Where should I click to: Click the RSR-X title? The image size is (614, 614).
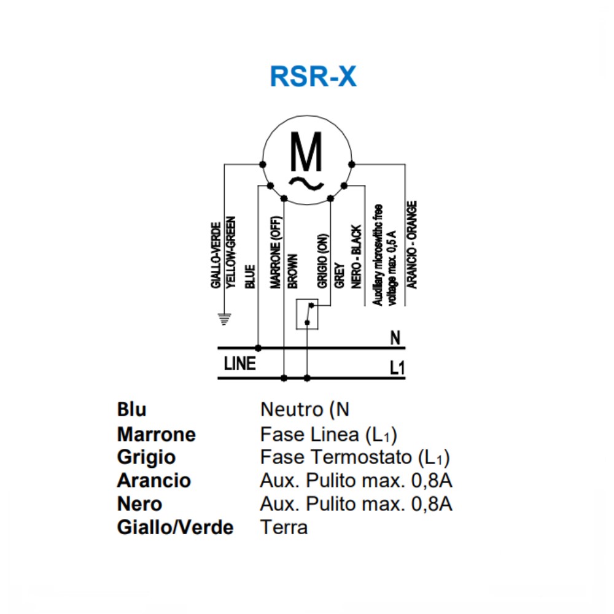(313, 77)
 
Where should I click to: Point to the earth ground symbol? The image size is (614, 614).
(225, 318)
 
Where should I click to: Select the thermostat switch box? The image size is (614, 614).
(308, 314)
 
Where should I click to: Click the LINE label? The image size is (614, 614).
(239, 364)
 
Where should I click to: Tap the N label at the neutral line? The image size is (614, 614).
(395, 338)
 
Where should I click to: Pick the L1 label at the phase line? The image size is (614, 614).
(397, 368)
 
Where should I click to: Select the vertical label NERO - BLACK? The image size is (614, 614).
(357, 257)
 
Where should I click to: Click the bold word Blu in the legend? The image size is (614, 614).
(131, 410)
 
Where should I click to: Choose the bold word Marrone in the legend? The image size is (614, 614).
(157, 435)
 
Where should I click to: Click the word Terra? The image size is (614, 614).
(284, 527)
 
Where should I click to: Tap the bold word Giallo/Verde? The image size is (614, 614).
(175, 527)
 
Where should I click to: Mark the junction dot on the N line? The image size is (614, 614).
(258, 348)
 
